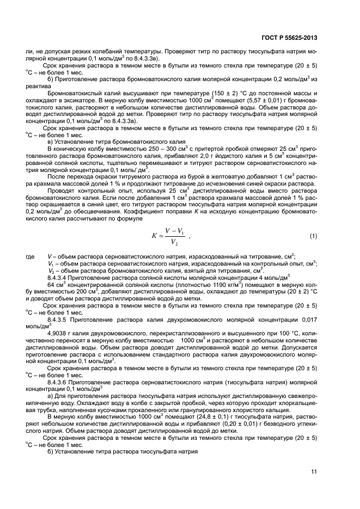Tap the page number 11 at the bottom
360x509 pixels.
click(x=314, y=472)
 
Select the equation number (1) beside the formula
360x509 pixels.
click(x=313, y=236)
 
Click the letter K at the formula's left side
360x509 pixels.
click(x=154, y=236)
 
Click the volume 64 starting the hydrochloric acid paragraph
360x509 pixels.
click(x=52, y=284)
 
